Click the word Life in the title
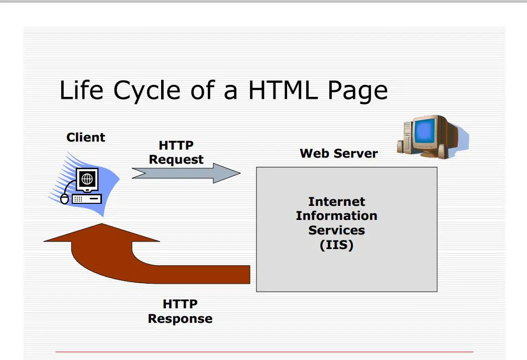pos(81,90)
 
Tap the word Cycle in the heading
pos(147,91)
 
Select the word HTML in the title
pos(283,90)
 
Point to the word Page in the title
pos(357,91)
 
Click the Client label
pos(86,137)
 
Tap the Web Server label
pos(338,153)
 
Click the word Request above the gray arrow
pos(176,160)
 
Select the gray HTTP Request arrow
pos(186,173)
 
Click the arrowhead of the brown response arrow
pos(101,232)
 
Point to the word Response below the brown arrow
pos(180,319)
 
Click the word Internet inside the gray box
pos(336,201)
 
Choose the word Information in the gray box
pos(336,215)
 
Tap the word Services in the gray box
pos(336,230)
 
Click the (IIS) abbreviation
pos(336,245)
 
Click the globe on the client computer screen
pos(87,179)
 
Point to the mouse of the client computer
pos(64,199)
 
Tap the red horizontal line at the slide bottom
pos(264,351)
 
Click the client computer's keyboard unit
pos(87,199)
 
